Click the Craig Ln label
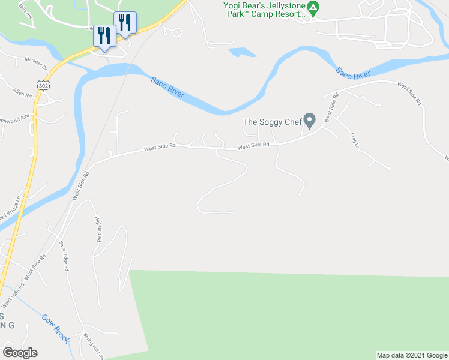(x=355, y=140)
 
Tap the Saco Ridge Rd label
(x=63, y=256)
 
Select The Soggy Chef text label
(x=271, y=122)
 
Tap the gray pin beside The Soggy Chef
(x=309, y=121)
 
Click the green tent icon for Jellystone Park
(x=313, y=8)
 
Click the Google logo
(x=20, y=353)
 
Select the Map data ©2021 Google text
(x=411, y=355)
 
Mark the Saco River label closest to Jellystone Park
(x=352, y=73)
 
